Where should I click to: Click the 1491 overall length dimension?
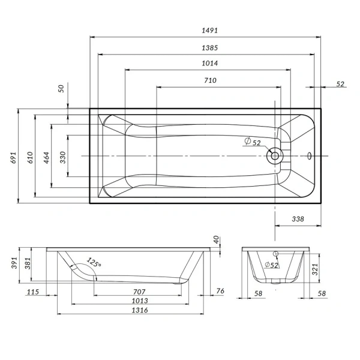click(209, 31)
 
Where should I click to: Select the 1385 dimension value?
click(209, 48)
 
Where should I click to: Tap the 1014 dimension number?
click(209, 63)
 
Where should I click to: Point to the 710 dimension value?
click(211, 80)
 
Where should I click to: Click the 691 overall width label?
click(14, 157)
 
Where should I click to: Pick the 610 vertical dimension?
click(30, 157)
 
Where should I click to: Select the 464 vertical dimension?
click(46, 157)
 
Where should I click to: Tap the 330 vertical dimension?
click(62, 157)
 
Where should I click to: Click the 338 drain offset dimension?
click(298, 219)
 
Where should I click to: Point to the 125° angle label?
click(94, 262)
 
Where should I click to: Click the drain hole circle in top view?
click(275, 156)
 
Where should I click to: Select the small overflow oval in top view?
click(310, 156)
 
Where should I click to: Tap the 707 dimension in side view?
click(139, 292)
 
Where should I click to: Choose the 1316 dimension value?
click(140, 310)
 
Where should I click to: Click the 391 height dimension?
click(14, 263)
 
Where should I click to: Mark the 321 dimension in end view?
click(315, 269)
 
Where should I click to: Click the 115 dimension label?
click(33, 292)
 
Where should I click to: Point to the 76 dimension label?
click(220, 291)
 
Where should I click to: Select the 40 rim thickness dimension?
click(216, 239)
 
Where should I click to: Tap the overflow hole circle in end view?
click(275, 254)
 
